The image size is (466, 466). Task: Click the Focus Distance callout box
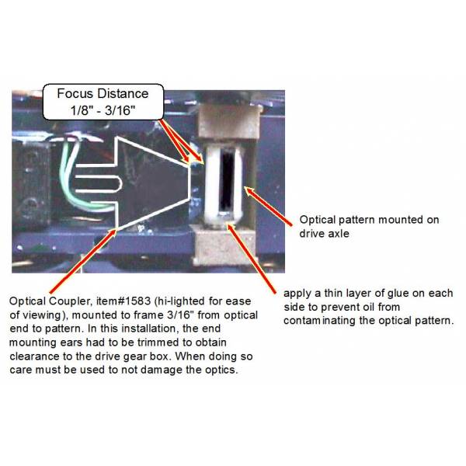pyautogui.click(x=103, y=102)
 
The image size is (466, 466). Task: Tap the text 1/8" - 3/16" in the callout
pyautogui.click(x=103, y=110)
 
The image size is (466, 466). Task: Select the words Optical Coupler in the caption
pyautogui.click(x=49, y=301)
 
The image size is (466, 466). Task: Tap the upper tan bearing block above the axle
pyautogui.click(x=228, y=122)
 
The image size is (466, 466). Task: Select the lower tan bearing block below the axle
pyautogui.click(x=224, y=245)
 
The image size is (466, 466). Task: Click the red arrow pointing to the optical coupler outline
pyautogui.click(x=83, y=261)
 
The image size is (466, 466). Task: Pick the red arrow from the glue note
pyautogui.click(x=252, y=259)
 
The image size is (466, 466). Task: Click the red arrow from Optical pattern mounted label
pyautogui.click(x=268, y=206)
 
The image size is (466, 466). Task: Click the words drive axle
pyautogui.click(x=324, y=234)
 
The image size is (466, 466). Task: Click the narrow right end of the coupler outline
pyautogui.click(x=190, y=182)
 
